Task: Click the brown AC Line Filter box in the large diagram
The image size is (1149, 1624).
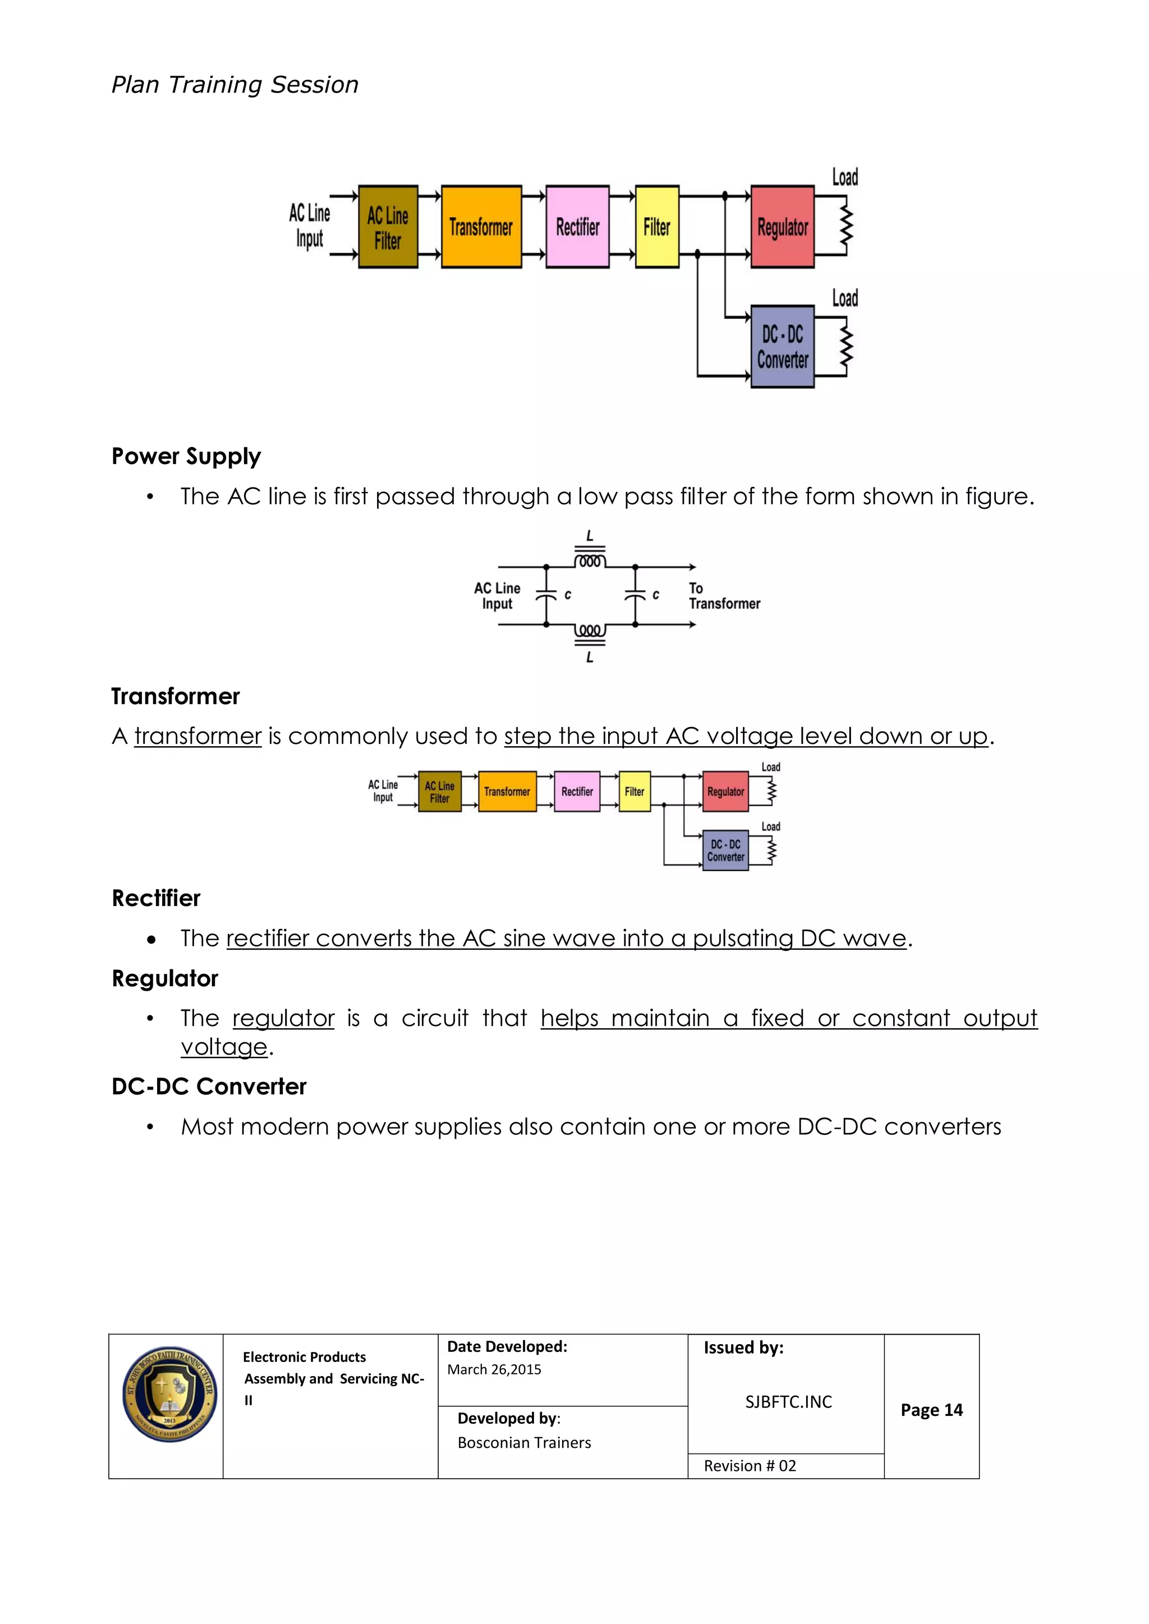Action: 388,227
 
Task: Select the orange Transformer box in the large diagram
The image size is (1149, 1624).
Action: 481,227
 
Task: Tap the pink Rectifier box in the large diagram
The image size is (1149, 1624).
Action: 577,227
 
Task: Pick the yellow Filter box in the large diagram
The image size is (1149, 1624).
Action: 656,227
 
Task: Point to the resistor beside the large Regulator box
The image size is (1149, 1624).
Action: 845,227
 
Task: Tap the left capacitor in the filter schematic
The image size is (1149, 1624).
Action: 546,596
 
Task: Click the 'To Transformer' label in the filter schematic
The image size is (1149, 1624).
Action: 724,596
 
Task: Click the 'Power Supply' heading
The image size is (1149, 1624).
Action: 186,456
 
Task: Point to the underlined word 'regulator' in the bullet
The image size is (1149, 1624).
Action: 283,1019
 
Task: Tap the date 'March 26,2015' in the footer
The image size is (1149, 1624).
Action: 494,1369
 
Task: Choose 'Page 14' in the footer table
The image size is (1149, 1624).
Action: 931,1410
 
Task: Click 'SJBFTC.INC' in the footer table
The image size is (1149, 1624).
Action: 788,1402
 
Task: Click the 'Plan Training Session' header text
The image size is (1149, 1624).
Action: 235,85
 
